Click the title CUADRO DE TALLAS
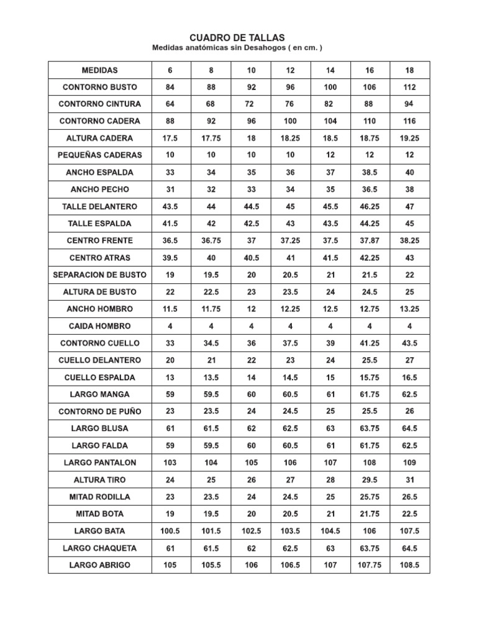pos(237,39)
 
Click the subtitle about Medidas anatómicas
pos(237,48)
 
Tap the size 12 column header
pos(291,70)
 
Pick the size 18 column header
pos(409,70)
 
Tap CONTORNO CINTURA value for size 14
pos(330,104)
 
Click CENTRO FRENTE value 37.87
pos(370,240)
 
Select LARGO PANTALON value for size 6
pos(170,463)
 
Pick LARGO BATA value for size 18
pos(409,531)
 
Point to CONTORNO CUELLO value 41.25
pos(370,343)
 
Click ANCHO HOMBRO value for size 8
pos(211,309)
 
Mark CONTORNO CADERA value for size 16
pos(370,121)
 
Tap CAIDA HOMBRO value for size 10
pos(251,326)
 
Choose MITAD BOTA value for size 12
pos(291,514)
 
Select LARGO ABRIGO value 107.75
pos(370,565)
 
